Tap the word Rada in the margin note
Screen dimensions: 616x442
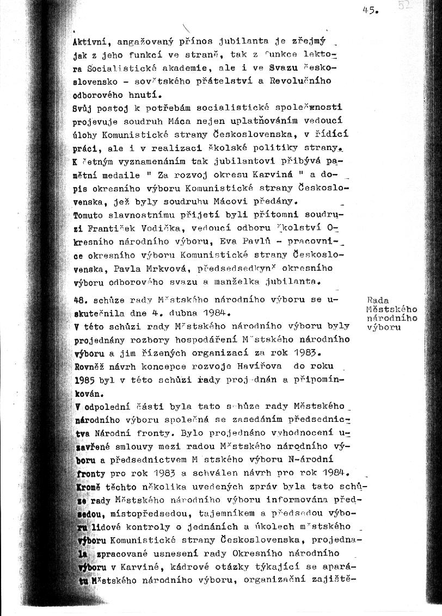tap(377, 300)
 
